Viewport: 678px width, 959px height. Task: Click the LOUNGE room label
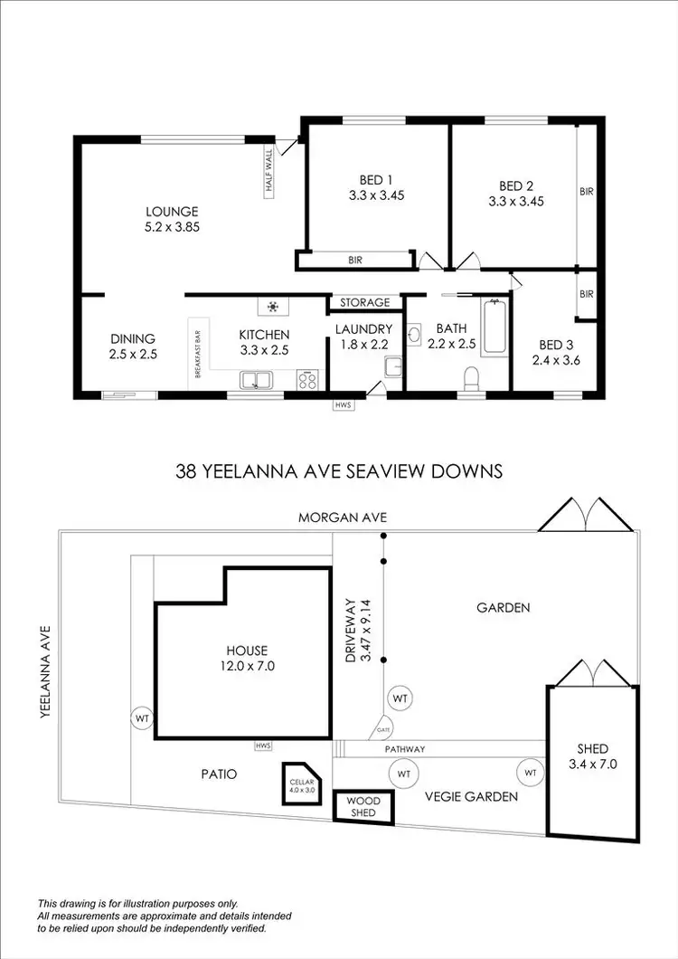[172, 212]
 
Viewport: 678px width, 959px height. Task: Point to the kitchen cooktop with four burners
[306, 380]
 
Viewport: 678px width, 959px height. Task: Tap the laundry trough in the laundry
[392, 367]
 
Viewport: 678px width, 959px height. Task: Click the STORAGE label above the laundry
[365, 302]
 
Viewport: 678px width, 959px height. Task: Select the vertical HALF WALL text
[268, 174]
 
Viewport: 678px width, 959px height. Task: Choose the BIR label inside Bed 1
[355, 261]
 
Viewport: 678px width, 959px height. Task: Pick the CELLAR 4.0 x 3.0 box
[297, 784]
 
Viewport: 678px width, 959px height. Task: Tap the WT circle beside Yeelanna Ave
[142, 717]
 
